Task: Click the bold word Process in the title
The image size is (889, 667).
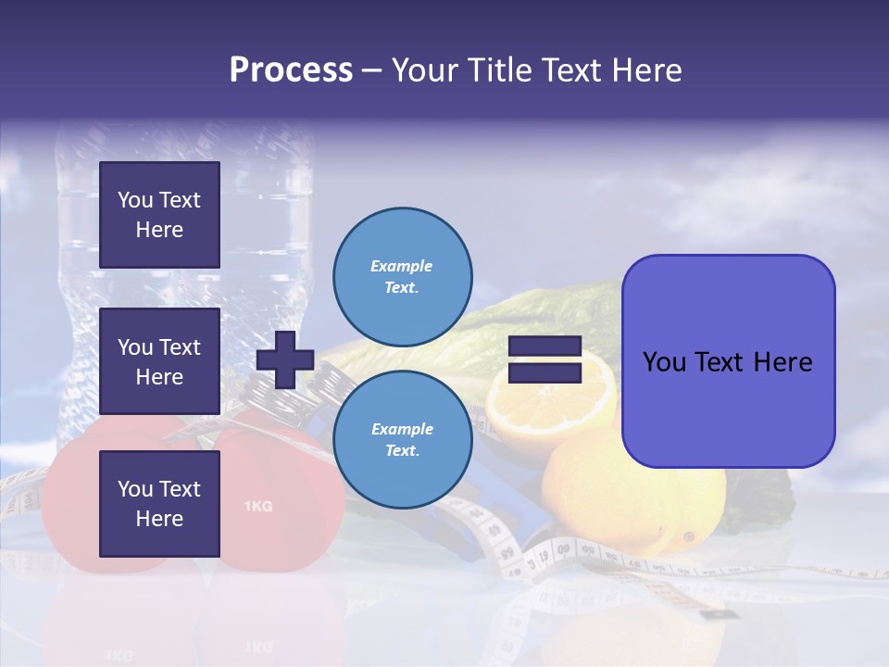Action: (291, 70)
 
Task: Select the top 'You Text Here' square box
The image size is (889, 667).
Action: (159, 215)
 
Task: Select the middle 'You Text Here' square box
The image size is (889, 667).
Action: (159, 361)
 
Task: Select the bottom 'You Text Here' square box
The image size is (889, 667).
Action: (159, 504)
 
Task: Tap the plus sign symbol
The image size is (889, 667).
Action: (285, 359)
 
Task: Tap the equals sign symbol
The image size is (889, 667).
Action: (545, 359)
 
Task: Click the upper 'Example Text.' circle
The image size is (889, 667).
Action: (401, 276)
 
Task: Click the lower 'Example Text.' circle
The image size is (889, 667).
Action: (401, 439)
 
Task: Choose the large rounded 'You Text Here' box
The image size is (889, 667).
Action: (728, 361)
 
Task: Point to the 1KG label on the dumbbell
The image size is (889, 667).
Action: (257, 507)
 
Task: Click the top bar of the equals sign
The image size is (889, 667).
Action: (545, 346)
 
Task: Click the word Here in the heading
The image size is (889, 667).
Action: (645, 70)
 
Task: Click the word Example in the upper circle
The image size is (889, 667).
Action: (401, 266)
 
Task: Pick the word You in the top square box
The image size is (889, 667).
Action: (135, 200)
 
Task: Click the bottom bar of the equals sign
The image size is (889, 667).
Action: (545, 373)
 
